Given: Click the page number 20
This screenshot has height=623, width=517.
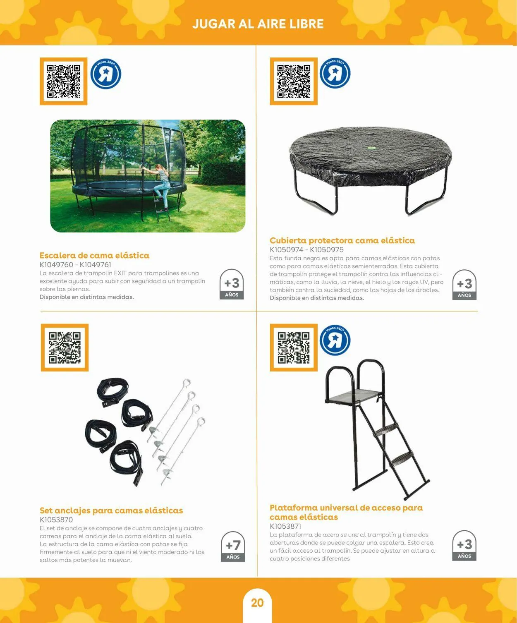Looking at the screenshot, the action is pyautogui.click(x=257, y=603).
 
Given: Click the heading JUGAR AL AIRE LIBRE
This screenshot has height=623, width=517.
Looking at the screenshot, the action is pyautogui.click(x=258, y=24).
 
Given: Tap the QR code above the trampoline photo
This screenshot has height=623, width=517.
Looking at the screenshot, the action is pyautogui.click(x=64, y=81).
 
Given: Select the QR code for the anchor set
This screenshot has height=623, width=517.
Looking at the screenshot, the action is pyautogui.click(x=65, y=347).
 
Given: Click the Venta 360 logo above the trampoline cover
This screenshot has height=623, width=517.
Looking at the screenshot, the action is pyautogui.click(x=335, y=73).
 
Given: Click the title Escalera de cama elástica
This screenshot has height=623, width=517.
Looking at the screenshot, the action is pyautogui.click(x=95, y=255).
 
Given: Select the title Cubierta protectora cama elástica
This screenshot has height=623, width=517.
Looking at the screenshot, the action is pyautogui.click(x=342, y=240).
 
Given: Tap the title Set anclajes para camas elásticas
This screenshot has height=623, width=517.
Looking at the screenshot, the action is pyautogui.click(x=111, y=510).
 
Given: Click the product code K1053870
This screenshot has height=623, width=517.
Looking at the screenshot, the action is pyautogui.click(x=56, y=520).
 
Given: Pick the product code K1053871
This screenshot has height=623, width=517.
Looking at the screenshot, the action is pyautogui.click(x=285, y=526).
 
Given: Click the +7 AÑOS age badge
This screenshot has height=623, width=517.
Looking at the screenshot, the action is pyautogui.click(x=233, y=546).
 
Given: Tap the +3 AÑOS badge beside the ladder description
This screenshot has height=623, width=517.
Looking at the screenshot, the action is pyautogui.click(x=232, y=284).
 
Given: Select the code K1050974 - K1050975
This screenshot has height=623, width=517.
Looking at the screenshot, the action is pyautogui.click(x=306, y=250).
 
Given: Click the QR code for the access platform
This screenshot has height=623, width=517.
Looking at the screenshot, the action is pyautogui.click(x=294, y=347).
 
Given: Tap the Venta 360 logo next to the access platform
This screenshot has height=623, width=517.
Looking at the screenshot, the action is pyautogui.click(x=335, y=340).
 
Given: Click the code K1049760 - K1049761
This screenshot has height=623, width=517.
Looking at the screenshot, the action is pyautogui.click(x=75, y=265).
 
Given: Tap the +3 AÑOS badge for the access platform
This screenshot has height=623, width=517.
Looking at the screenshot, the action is pyautogui.click(x=464, y=545).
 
